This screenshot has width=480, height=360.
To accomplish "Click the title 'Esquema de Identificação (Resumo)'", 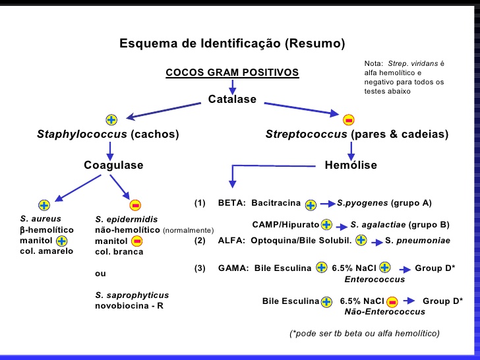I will (232, 44).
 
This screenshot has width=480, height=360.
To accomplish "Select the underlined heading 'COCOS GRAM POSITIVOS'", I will (232, 73).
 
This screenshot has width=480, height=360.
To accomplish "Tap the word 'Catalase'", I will (232, 100).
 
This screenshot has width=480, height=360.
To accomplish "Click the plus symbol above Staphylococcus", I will (111, 119).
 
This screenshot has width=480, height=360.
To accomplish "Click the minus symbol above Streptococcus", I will (349, 119).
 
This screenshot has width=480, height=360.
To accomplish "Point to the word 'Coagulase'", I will (113, 165).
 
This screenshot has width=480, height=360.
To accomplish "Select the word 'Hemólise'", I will (351, 165).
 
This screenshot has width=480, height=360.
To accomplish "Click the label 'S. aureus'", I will (40, 218).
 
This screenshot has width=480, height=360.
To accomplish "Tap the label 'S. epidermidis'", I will (126, 218).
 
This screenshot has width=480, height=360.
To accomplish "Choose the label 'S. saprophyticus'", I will (132, 295).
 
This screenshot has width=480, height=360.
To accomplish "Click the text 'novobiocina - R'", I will (130, 306).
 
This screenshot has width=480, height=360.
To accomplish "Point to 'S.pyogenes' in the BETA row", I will (362, 202).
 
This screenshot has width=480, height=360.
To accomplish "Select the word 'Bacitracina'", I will (276, 202).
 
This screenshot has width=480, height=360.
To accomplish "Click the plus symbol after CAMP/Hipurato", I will (326, 224).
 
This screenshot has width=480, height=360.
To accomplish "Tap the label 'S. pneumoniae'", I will (417, 241).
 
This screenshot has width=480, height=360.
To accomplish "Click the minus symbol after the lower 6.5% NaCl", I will (392, 302).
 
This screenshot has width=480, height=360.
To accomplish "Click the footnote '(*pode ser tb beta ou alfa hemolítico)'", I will (364, 333).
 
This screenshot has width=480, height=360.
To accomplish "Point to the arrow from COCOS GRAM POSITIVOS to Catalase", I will (232, 87).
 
